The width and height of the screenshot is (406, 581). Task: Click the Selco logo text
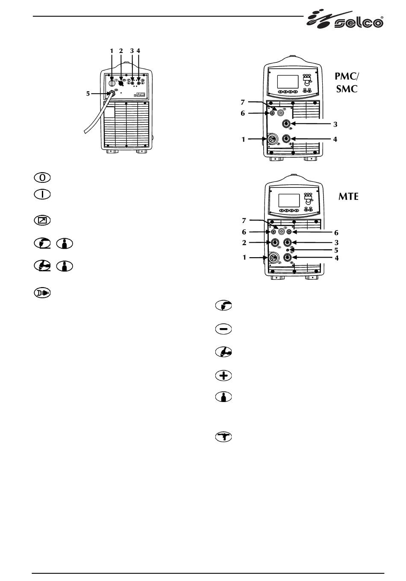click(x=359, y=23)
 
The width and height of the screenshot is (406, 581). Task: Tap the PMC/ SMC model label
click(x=347, y=82)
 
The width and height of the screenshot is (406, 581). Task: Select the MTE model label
click(x=348, y=197)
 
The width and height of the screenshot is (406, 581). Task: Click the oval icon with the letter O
click(x=42, y=178)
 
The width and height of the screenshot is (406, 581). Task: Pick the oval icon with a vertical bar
click(x=42, y=194)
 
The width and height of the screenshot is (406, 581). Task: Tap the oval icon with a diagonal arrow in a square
click(x=42, y=220)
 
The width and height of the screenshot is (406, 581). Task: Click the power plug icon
click(x=42, y=293)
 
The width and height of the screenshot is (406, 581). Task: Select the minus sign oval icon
click(x=224, y=329)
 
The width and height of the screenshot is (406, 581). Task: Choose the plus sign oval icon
click(x=224, y=376)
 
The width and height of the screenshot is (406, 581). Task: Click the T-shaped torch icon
click(x=224, y=437)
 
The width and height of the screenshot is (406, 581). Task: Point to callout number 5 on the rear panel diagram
click(x=88, y=94)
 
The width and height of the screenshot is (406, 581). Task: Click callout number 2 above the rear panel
click(x=121, y=51)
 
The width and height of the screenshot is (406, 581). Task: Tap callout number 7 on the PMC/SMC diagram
click(x=243, y=102)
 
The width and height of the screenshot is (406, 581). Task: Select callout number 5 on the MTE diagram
click(x=336, y=250)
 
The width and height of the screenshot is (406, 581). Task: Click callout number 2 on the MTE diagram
click(x=244, y=243)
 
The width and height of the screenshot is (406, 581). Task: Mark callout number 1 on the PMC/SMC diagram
click(x=243, y=140)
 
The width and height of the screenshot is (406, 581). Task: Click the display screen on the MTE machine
click(x=289, y=200)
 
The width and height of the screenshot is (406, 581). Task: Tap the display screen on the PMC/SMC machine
click(x=288, y=82)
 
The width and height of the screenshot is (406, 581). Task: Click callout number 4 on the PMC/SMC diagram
click(x=335, y=139)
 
